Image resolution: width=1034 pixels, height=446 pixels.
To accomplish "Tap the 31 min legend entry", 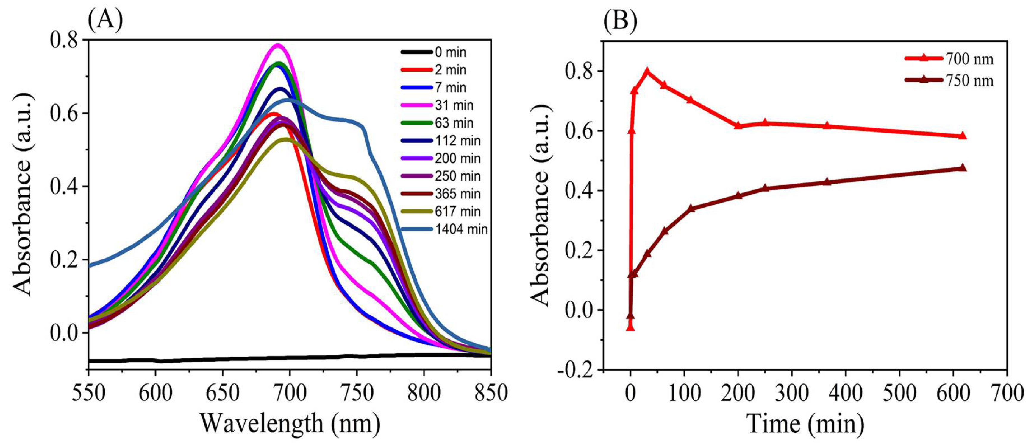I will coord(454,105).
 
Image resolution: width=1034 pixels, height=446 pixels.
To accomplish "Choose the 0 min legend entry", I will coord(450,52).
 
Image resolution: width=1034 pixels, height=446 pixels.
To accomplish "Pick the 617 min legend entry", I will coord(457,211).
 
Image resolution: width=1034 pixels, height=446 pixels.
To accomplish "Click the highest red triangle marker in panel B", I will coord(647,72).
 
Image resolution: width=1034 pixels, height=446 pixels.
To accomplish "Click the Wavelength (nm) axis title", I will coord(290,424).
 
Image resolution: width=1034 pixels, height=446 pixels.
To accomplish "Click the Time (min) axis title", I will coord(805,424).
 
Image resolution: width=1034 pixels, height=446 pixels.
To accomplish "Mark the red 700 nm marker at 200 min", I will coord(738,125).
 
